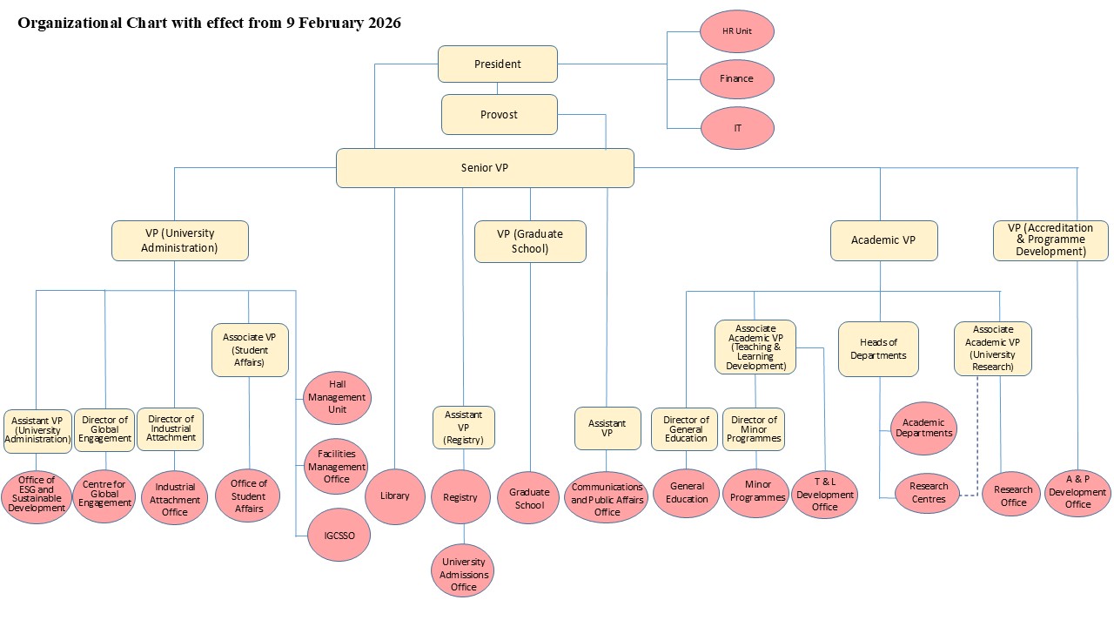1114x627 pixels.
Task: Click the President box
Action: click(x=498, y=64)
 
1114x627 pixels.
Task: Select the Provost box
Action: click(x=499, y=115)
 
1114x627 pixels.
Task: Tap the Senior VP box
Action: click(x=485, y=168)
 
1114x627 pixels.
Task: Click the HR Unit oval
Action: click(x=737, y=30)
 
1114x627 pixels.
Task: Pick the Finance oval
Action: click(x=736, y=79)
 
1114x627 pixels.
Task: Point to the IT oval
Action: click(x=737, y=128)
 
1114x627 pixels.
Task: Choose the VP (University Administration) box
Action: click(x=180, y=240)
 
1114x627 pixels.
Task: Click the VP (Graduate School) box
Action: click(x=530, y=241)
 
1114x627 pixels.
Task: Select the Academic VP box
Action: click(x=883, y=240)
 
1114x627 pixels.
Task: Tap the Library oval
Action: click(x=394, y=496)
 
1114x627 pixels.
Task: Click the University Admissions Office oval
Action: click(x=464, y=574)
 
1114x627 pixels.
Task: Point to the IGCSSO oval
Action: click(x=338, y=534)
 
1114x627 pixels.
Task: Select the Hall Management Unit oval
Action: click(x=337, y=397)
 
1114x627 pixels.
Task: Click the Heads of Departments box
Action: click(x=878, y=349)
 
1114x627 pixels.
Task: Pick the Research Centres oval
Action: click(x=928, y=493)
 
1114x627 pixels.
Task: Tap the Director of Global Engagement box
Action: click(x=104, y=429)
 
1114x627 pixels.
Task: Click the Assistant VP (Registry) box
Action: click(x=464, y=428)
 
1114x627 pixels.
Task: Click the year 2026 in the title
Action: click(x=381, y=24)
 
